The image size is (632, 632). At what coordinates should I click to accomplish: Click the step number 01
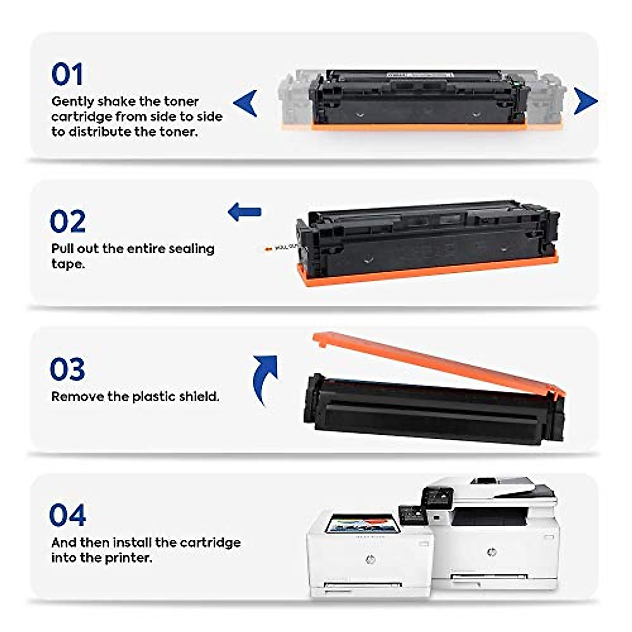67,74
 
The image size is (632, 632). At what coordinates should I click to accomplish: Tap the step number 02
67,222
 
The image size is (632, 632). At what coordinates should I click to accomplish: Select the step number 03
67,369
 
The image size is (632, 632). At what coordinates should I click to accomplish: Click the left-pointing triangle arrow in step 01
246,103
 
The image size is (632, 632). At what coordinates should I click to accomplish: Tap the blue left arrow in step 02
244,212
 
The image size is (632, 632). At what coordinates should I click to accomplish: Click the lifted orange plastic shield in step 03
437,363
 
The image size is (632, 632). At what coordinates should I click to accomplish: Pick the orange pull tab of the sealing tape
269,248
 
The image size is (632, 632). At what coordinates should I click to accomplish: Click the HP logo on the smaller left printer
370,559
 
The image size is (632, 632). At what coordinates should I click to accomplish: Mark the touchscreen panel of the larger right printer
438,497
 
